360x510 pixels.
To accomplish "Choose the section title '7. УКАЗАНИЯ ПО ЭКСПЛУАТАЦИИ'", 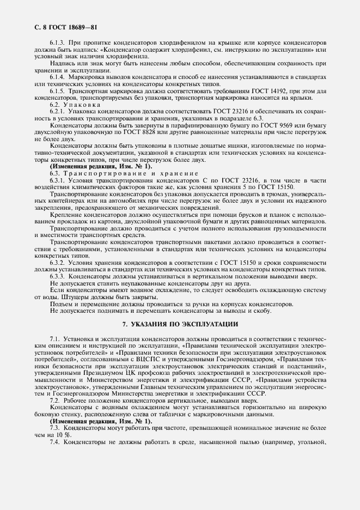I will coord(180,324).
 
